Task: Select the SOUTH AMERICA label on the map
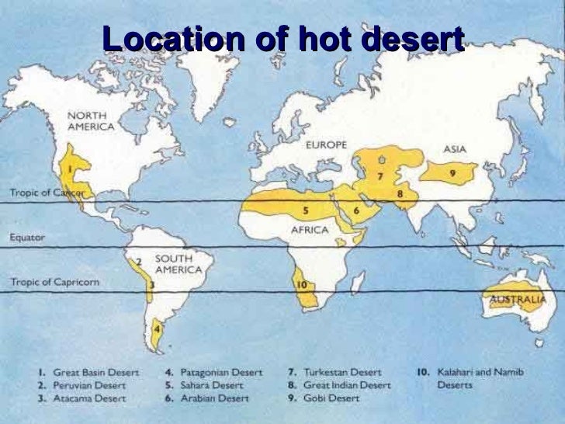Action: coord(179,264)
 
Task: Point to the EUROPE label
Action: coord(325,144)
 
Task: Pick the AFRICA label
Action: coord(310,230)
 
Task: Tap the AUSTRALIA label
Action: coord(518,297)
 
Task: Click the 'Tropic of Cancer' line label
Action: coord(46,192)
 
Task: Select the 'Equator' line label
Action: coord(27,238)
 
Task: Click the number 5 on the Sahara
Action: coord(307,210)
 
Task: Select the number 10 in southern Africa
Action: coord(303,285)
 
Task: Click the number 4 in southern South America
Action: coord(158,328)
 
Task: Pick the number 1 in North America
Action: coord(70,166)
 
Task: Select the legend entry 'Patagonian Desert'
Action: coord(214,371)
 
